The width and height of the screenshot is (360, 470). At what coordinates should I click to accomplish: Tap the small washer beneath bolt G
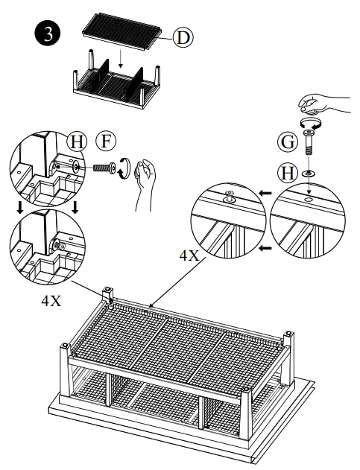309,173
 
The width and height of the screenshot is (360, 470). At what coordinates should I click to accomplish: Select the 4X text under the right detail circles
189,255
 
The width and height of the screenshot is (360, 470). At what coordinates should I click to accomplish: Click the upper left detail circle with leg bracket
42,168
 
